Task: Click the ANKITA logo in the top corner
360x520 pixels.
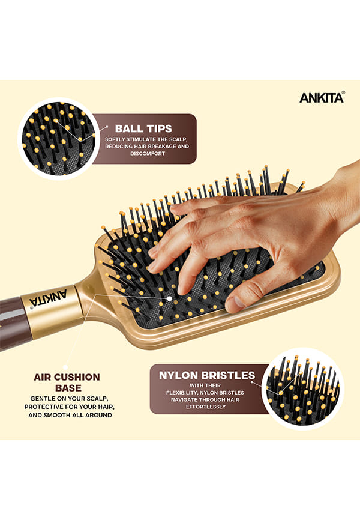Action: (x=322, y=97)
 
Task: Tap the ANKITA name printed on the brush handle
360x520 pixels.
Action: (x=49, y=298)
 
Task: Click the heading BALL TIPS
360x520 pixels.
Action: (x=143, y=128)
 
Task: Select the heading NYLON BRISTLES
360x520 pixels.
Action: (x=207, y=375)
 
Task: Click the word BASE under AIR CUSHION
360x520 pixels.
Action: (x=68, y=388)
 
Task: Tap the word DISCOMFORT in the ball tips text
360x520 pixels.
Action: (x=148, y=154)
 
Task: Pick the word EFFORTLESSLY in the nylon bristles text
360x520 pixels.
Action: (x=206, y=407)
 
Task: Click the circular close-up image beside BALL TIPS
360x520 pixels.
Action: (x=59, y=139)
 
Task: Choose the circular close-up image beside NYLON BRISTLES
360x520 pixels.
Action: (x=302, y=388)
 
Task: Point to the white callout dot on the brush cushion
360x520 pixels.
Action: (x=169, y=299)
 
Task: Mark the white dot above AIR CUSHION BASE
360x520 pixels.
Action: (x=65, y=367)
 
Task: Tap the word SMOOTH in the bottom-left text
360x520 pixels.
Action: (x=56, y=415)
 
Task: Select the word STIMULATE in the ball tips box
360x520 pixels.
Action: (x=141, y=139)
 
